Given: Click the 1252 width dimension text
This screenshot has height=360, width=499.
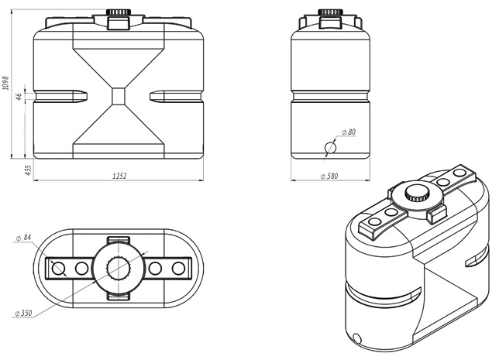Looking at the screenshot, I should pos(119,176).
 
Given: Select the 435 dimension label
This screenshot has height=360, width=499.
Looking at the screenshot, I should pos(28,170).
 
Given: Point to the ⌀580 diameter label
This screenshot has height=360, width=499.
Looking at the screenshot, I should pos(329,177).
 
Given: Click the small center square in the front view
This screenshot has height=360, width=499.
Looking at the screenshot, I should pos(119,95).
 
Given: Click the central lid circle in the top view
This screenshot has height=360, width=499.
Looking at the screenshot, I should pos(119,269).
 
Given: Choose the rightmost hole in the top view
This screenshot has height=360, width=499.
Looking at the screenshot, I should pos(179,269).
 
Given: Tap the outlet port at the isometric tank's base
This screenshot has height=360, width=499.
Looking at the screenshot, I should pos(356,338).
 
